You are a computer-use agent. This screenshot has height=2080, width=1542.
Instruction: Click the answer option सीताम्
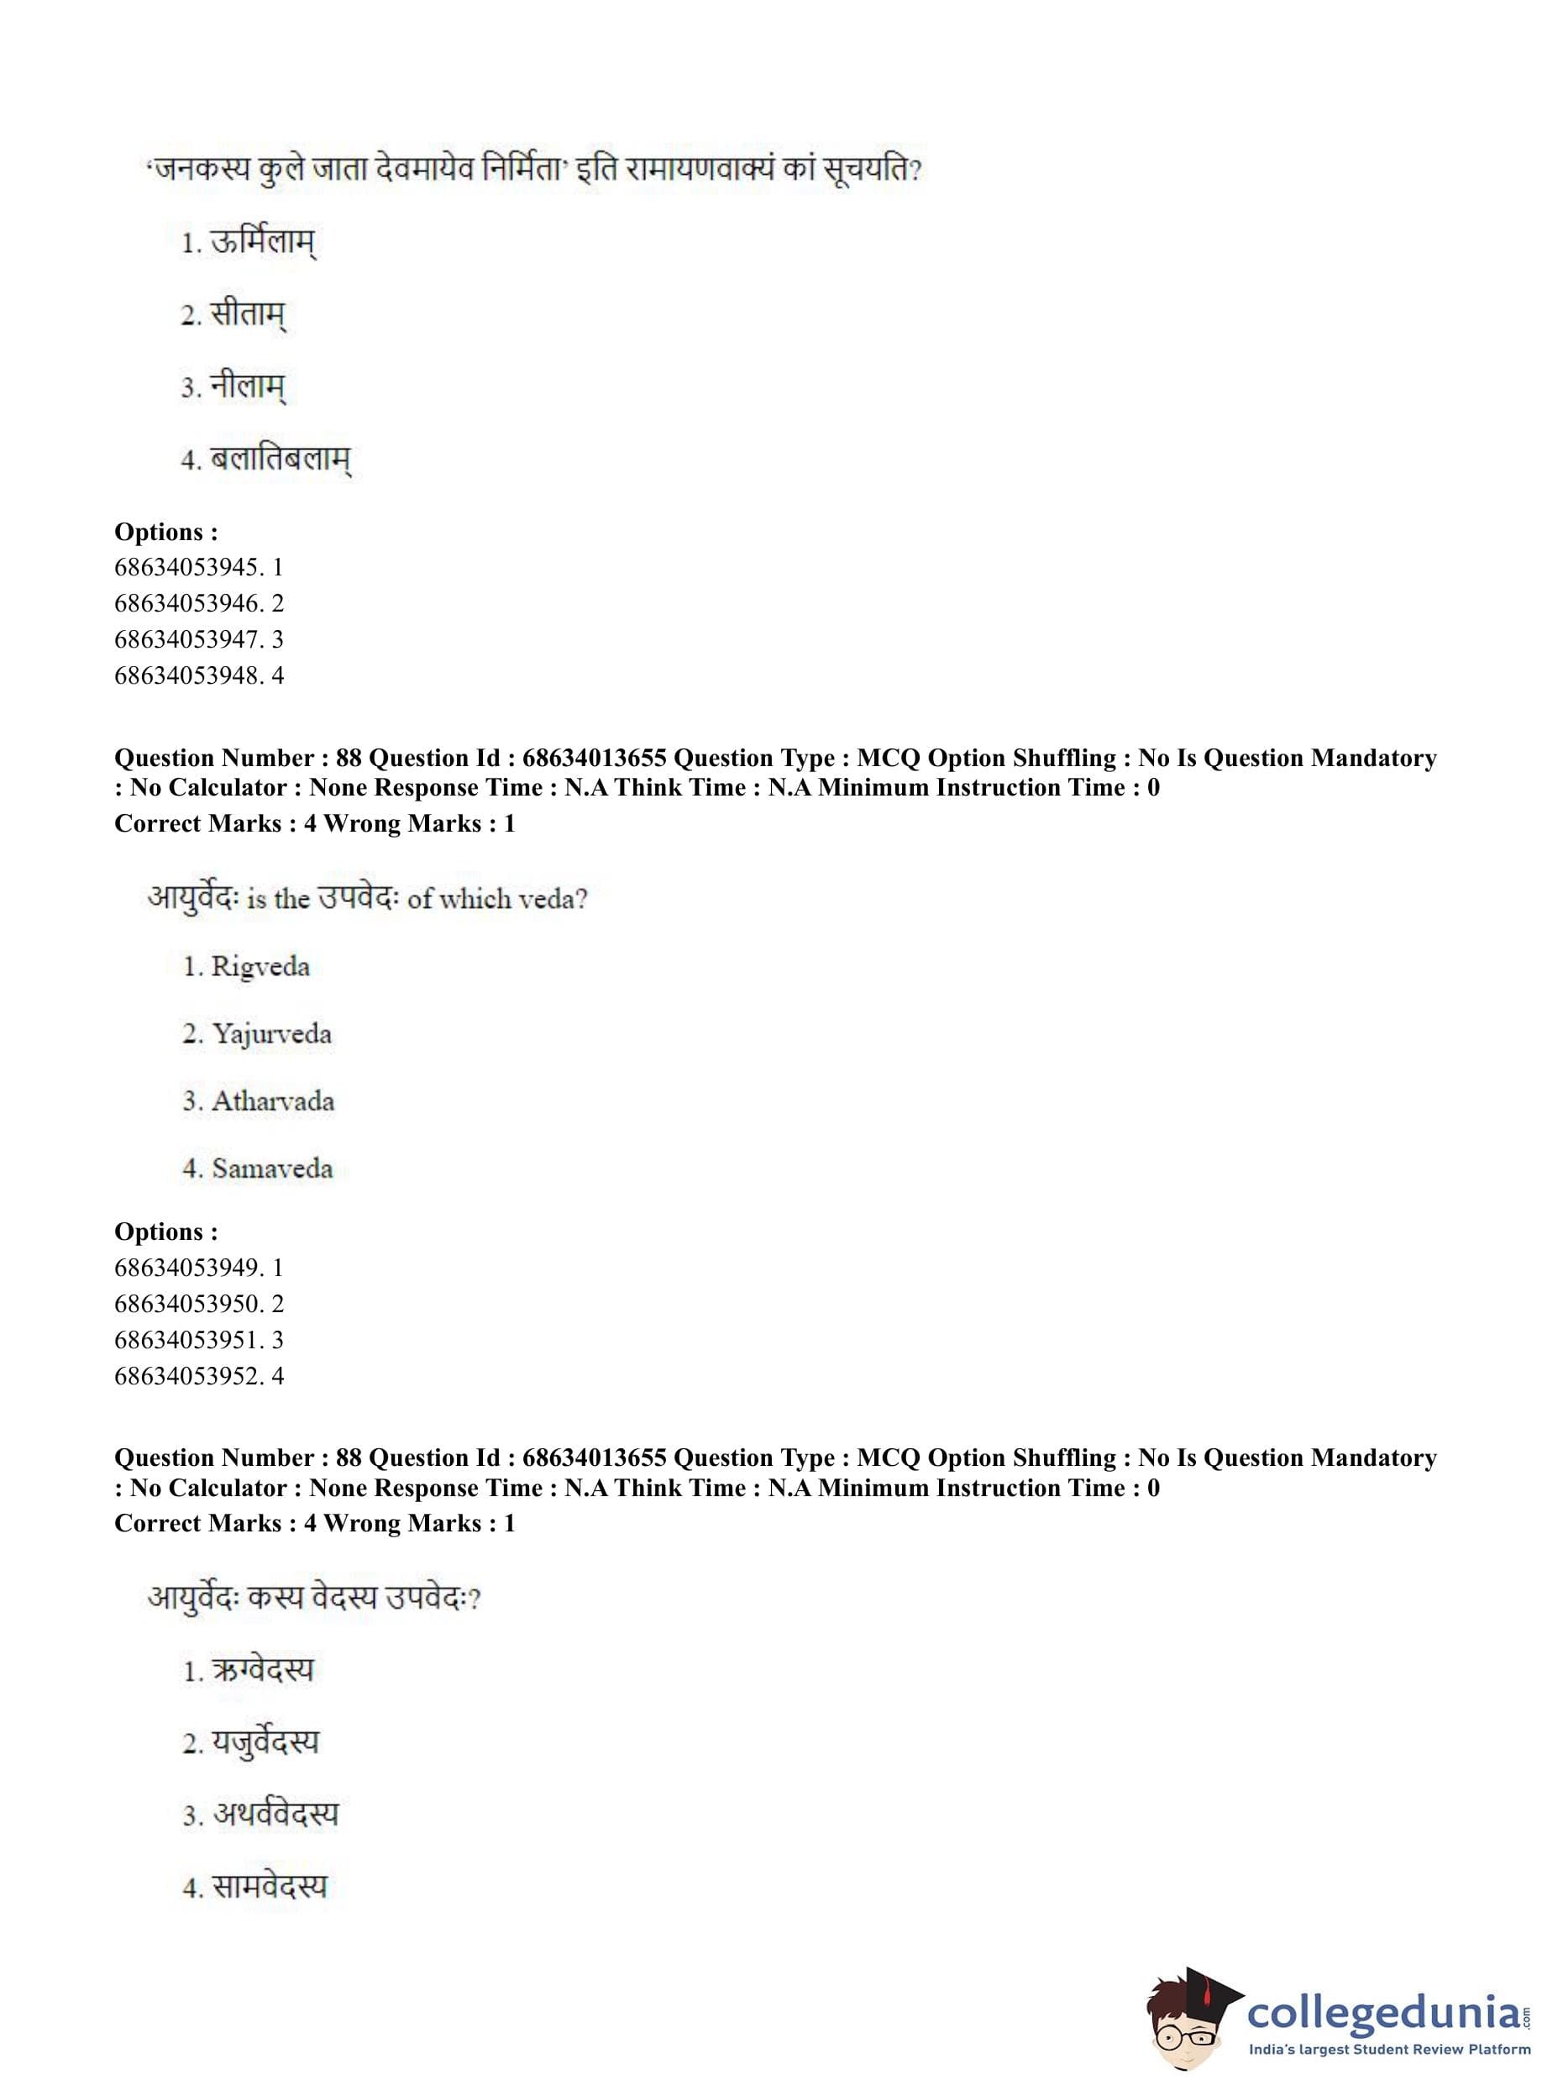248,315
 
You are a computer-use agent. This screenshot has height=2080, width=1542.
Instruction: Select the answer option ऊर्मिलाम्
262,243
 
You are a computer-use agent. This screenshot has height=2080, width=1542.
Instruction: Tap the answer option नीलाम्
248,386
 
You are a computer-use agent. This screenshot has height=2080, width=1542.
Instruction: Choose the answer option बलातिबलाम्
280,460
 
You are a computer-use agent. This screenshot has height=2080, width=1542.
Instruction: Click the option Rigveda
260,966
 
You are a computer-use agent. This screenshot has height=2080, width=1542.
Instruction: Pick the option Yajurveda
270,1034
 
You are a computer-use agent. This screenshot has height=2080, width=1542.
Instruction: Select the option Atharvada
273,1101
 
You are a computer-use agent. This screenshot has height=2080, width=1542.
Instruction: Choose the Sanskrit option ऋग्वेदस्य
262,1670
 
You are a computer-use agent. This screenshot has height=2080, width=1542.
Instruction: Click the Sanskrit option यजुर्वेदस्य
265,1743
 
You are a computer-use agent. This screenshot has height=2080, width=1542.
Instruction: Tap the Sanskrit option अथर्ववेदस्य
275,1815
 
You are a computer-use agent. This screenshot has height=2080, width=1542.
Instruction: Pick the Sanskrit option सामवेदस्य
270,1888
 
